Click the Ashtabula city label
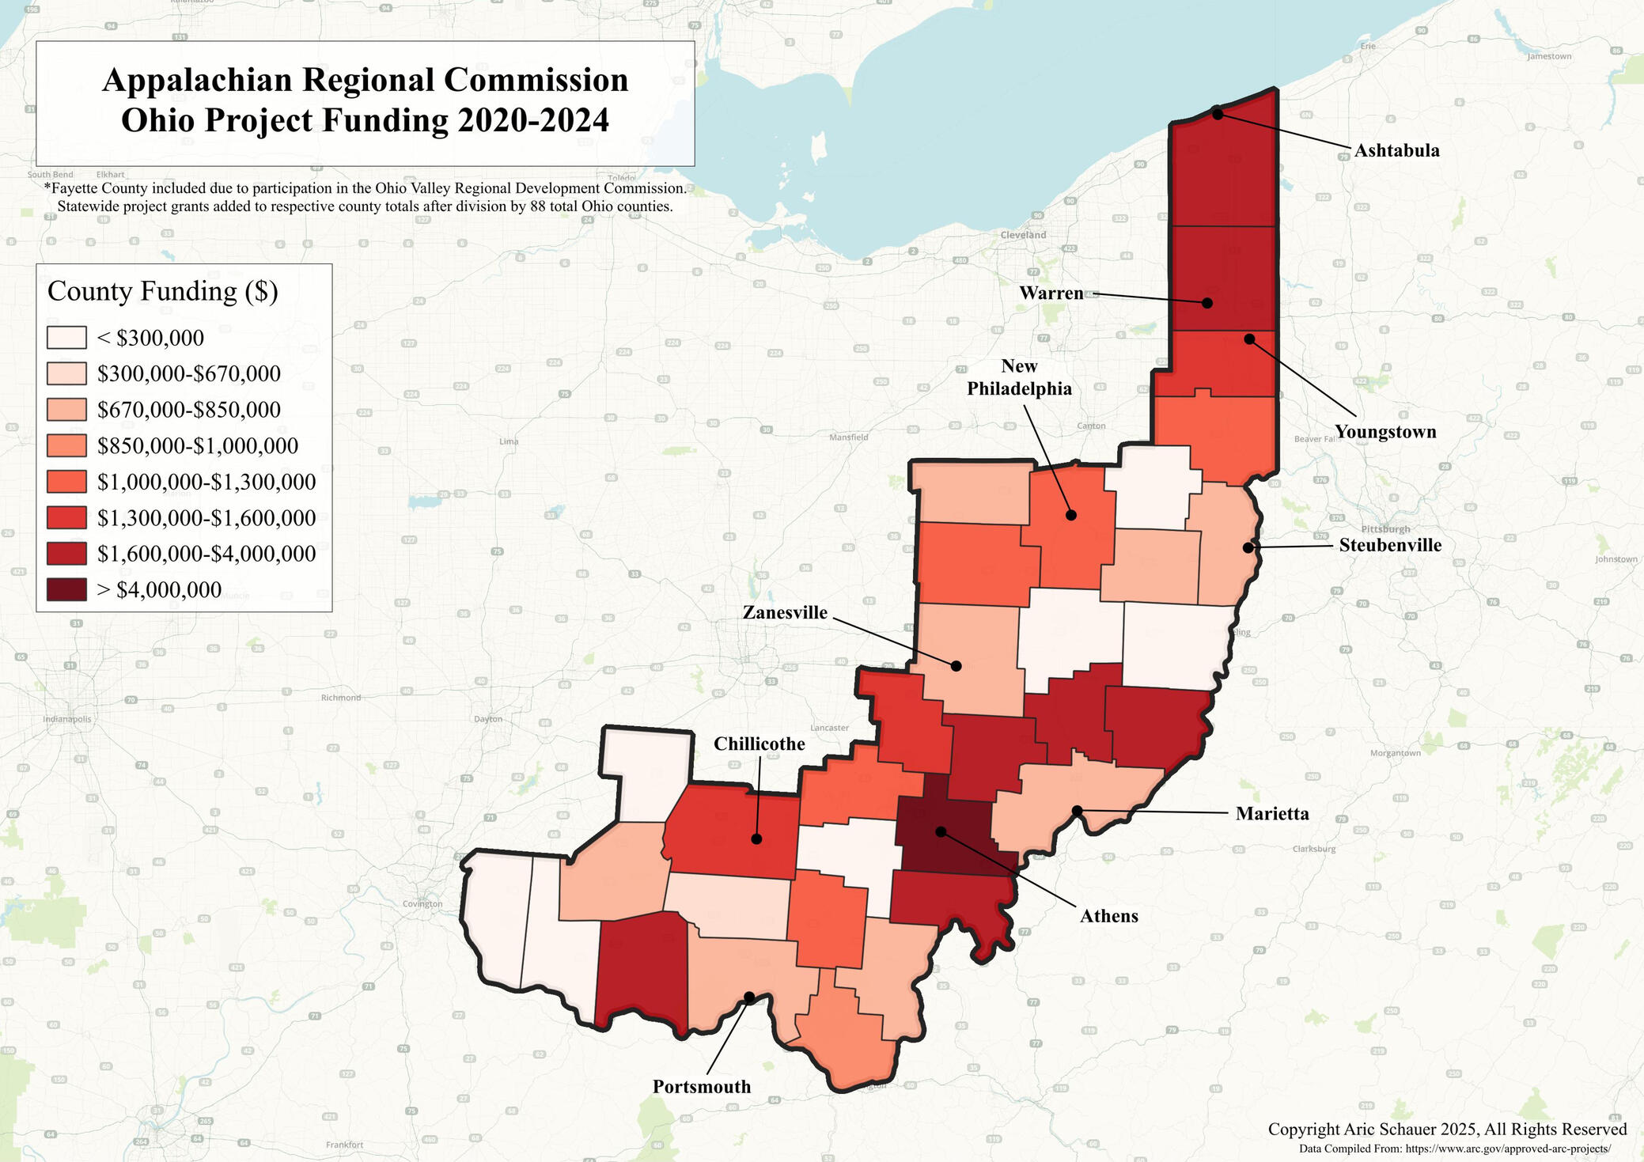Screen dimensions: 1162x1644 coord(1396,150)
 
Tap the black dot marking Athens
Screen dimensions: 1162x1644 coord(941,831)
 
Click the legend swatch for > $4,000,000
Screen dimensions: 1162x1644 coord(66,590)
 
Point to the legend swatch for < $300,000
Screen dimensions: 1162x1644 coord(66,338)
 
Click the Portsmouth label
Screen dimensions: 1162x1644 coord(701,1087)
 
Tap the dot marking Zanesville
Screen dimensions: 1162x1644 coord(956,666)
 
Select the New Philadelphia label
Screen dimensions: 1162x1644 coord(1019,377)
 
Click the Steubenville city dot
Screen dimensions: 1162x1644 coord(1248,547)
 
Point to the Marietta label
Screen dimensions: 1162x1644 coord(1272,814)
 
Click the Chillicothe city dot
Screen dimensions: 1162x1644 coord(756,838)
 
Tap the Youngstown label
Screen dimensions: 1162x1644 coord(1385,432)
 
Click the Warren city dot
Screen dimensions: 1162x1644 coord(1207,302)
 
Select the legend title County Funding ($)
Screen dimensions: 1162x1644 coord(163,291)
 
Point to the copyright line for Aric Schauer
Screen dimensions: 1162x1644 coord(1447,1129)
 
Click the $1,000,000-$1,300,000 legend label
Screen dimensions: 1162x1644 coord(206,482)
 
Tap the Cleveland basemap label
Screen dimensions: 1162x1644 coord(1023,235)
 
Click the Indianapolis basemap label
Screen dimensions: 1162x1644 coord(67,719)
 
